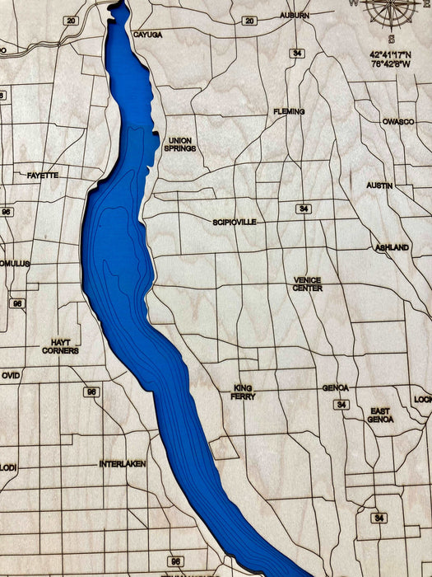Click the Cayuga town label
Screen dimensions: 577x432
[147, 35]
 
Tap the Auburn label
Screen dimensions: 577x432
[294, 16]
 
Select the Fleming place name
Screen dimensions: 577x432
[289, 111]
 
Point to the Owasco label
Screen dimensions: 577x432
[397, 121]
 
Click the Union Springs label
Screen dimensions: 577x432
[179, 144]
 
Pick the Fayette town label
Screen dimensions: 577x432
[42, 176]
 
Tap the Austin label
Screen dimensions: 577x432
[379, 185]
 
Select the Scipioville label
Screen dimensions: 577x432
[235, 222]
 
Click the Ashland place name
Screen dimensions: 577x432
[392, 247]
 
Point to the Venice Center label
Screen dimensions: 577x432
[308, 284]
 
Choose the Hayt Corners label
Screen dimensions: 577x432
[60, 346]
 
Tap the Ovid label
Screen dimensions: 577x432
[10, 375]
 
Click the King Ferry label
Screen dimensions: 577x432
[244, 392]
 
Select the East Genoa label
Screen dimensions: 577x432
[380, 415]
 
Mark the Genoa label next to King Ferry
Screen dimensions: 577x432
[335, 387]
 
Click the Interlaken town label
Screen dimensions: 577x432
[123, 464]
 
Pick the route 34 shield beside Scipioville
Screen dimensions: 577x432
[304, 209]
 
